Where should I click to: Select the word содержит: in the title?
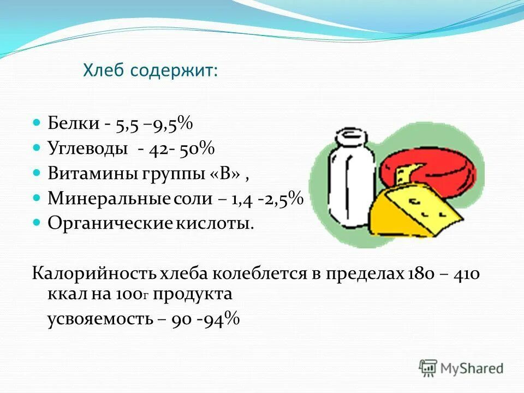point(174,71)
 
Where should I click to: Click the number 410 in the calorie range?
point(467,273)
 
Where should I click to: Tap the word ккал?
point(63,295)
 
